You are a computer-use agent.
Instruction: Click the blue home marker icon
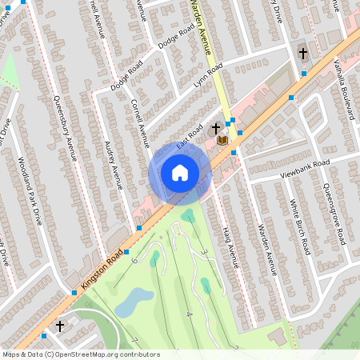pyautogui.click(x=179, y=172)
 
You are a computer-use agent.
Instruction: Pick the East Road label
pyautogui.click(x=190, y=139)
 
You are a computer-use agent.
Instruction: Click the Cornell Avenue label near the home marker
pyautogui.click(x=140, y=119)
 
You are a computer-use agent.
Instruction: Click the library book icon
pyautogui.click(x=222, y=141)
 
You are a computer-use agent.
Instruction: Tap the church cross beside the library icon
pyautogui.click(x=216, y=128)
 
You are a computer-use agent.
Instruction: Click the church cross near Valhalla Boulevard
pyautogui.click(x=302, y=54)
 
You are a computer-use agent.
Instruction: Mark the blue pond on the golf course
pyautogui.click(x=134, y=302)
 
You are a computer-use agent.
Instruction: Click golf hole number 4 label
pyautogui.click(x=189, y=314)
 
